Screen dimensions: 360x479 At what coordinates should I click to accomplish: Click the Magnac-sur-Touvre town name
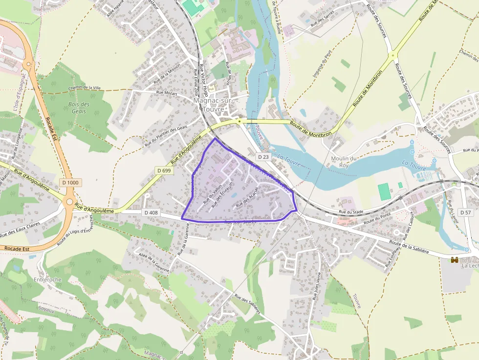tap(214, 105)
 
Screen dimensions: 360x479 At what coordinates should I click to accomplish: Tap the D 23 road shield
tap(263, 157)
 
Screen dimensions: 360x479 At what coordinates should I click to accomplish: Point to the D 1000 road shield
tap(70, 182)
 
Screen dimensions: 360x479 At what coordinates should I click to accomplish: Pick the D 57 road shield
tap(466, 212)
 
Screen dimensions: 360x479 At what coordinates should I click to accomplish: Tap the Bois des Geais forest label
tap(79, 107)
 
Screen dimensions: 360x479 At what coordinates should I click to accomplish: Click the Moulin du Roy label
tap(344, 162)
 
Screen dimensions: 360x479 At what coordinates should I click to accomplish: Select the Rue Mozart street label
tap(166, 92)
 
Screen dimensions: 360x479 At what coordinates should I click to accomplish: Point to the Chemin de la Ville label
tap(85, 87)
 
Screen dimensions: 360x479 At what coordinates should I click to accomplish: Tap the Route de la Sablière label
tap(409, 246)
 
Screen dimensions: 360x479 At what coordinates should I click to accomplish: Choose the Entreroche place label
tap(48, 279)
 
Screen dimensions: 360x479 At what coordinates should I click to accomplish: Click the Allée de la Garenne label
tap(154, 262)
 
